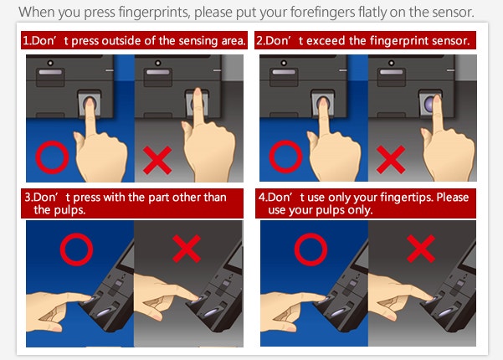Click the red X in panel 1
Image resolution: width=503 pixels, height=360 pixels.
point(157,160)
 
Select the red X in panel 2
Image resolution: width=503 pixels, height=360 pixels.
point(391,159)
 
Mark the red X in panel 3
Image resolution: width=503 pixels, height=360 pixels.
point(187,249)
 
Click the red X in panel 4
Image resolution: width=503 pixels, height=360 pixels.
point(421,249)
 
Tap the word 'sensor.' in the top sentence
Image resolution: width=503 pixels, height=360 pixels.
point(453,13)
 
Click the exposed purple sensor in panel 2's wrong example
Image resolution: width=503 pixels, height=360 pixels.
point(429,103)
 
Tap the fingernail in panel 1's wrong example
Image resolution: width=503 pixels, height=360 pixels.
point(198,92)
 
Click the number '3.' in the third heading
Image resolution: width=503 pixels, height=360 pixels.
point(28,198)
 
